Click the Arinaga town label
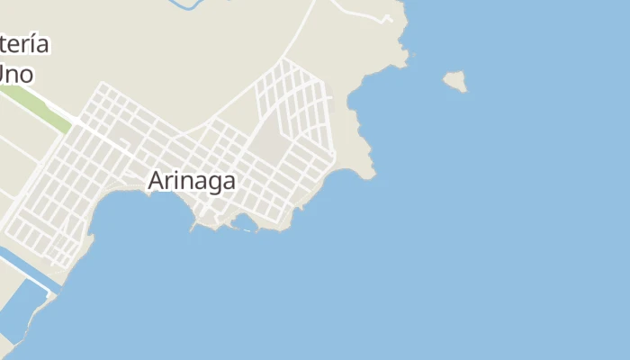pos(192,181)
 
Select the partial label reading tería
pos(24,45)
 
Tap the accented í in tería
pos(33,44)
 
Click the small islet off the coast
pos(455,81)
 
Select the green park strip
pos(37,105)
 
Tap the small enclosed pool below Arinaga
pos(243,221)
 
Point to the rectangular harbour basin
pos(22,306)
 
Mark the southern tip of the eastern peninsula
pos(368,175)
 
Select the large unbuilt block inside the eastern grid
pos(267,144)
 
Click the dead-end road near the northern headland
pos(360,13)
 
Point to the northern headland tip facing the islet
pos(405,59)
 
